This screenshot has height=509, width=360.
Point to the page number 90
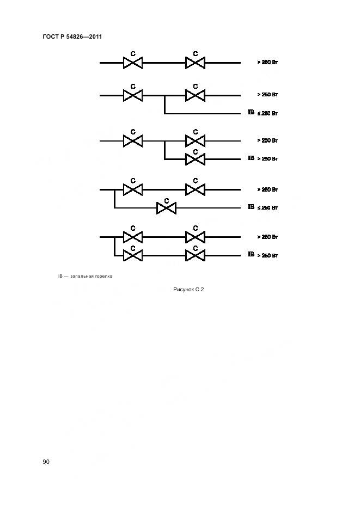tap(46, 462)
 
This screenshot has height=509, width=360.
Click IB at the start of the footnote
tap(61, 276)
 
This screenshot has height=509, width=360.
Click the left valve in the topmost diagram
tap(133, 63)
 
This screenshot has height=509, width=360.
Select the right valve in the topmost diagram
tap(195, 63)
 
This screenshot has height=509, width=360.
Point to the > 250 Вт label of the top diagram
tap(268, 63)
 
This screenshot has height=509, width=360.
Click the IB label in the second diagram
tap(251, 113)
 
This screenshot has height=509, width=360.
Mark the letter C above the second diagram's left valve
tap(133, 87)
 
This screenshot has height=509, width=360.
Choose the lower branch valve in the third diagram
tap(195, 159)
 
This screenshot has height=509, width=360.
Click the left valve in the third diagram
tap(133, 141)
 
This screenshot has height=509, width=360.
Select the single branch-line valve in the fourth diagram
tap(166, 207)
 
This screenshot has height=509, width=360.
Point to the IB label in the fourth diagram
tap(251, 207)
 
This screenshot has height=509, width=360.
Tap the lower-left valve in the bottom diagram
tap(133, 255)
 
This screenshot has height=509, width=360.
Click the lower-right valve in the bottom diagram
tap(195, 255)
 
